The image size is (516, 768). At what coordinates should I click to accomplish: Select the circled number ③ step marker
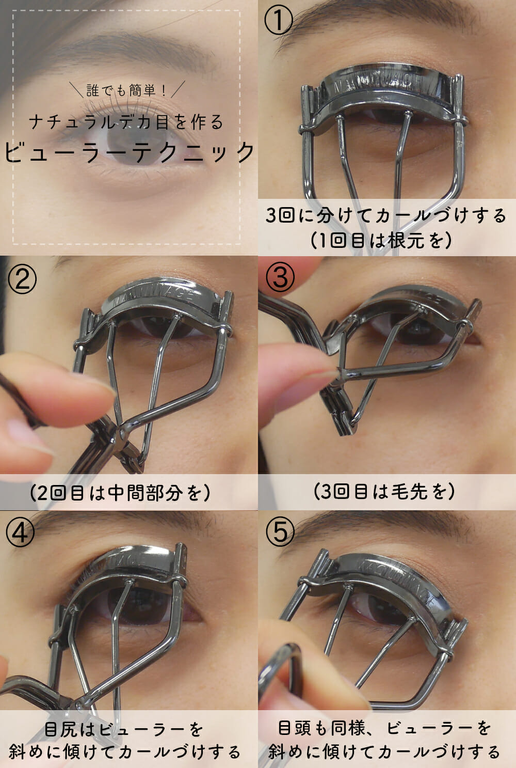(x=280, y=277)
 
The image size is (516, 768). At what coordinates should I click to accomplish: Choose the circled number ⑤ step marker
(x=280, y=531)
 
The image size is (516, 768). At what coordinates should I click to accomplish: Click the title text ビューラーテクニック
(x=130, y=152)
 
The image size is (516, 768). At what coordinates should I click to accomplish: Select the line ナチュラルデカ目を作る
(x=126, y=122)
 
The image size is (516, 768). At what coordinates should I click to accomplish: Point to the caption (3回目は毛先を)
(x=384, y=491)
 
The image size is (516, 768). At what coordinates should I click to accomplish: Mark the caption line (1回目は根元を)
(x=381, y=240)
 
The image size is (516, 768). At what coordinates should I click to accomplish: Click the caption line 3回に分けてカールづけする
(x=386, y=215)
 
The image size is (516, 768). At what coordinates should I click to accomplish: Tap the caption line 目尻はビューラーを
(x=124, y=730)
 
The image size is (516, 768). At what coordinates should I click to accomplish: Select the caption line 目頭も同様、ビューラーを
(x=384, y=728)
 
